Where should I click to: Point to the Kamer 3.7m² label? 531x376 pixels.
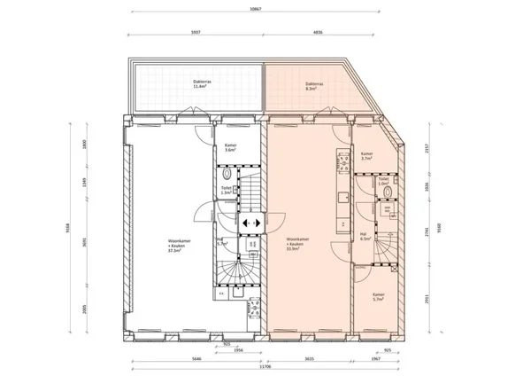pos(366,155)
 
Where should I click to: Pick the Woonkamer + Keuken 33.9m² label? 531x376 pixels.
pos(296,245)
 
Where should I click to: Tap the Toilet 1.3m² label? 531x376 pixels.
pos(227,190)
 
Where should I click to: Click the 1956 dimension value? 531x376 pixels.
pos(239,349)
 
